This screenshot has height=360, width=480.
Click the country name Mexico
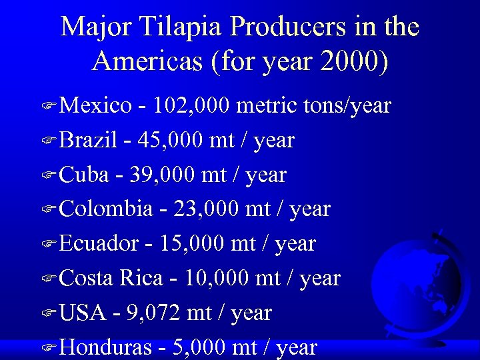96,105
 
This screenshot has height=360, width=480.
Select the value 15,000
193,244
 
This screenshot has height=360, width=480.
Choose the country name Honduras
105,347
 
